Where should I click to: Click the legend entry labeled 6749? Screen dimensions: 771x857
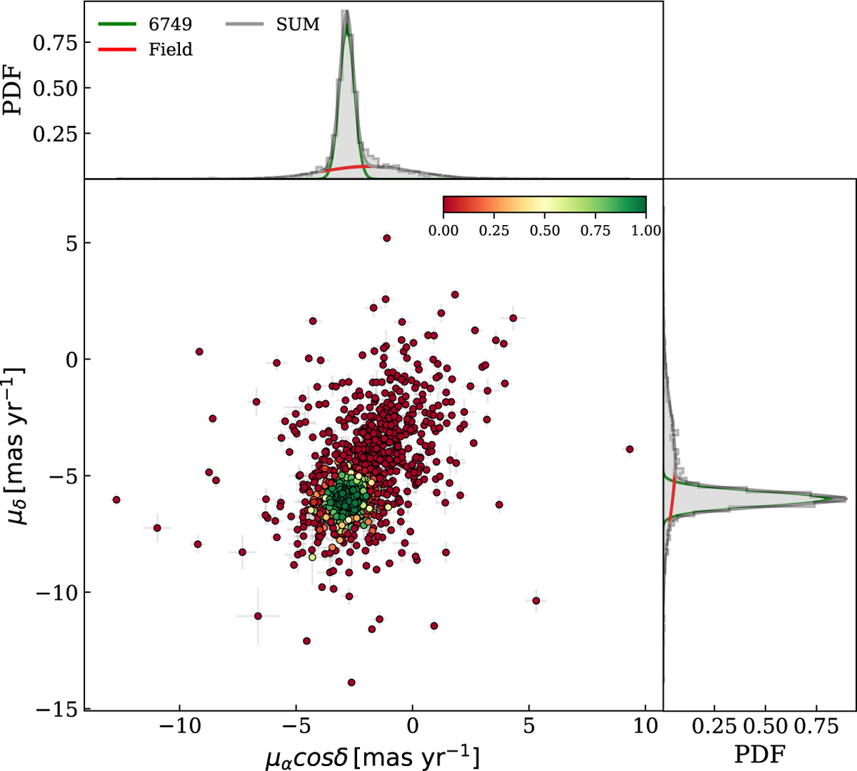(x=170, y=24)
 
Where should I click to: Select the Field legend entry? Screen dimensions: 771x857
(x=171, y=49)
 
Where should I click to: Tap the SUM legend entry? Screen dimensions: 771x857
(x=298, y=24)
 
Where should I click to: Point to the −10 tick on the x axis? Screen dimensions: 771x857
(x=179, y=726)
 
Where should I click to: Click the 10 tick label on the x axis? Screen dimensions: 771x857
(x=645, y=726)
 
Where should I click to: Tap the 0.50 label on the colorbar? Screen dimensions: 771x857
(x=544, y=231)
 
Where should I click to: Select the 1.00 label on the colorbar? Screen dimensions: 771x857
(x=646, y=231)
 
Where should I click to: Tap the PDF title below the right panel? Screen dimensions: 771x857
(x=761, y=753)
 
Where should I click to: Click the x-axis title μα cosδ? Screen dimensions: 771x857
(x=372, y=757)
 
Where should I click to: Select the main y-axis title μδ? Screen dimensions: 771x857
(x=16, y=442)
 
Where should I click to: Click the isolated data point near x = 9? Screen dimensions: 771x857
(x=629, y=449)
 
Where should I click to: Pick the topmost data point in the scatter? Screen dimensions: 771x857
(x=387, y=238)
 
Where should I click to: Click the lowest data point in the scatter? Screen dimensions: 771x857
(x=351, y=682)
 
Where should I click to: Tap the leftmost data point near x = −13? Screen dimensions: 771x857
(x=116, y=499)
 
